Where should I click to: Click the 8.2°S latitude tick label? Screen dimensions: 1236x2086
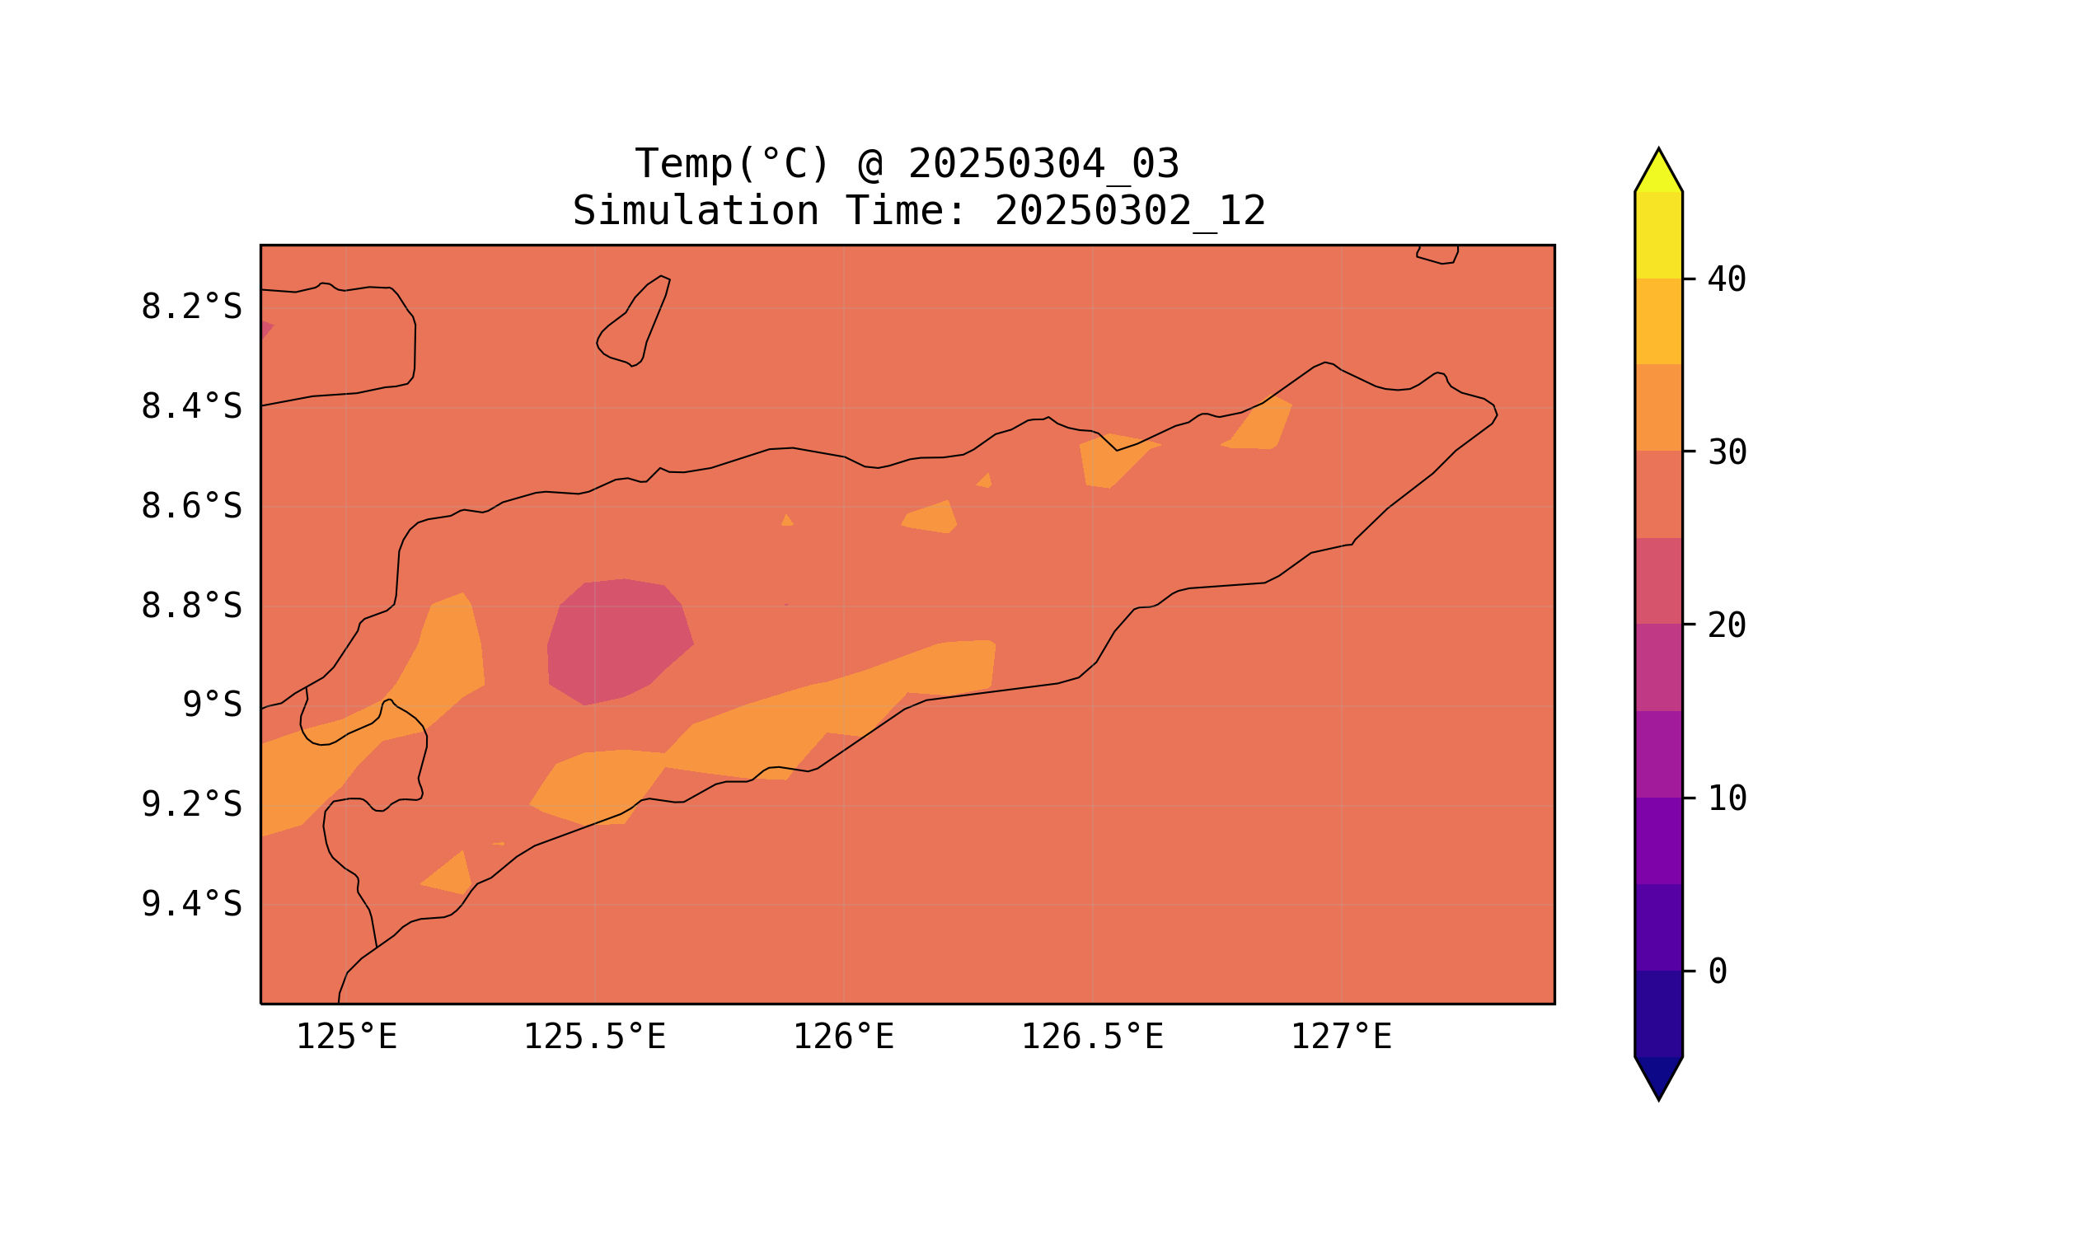click(190, 307)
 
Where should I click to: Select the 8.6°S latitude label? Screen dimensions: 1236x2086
click(190, 507)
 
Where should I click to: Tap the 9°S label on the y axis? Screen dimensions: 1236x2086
click(212, 705)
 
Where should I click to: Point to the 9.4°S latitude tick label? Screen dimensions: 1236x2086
click(190, 905)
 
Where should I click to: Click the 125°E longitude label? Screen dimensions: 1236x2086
click(346, 1037)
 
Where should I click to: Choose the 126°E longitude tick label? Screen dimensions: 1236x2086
click(843, 1037)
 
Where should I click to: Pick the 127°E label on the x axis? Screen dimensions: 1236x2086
click(1340, 1037)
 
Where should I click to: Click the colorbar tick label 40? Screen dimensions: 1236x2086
click(1726, 280)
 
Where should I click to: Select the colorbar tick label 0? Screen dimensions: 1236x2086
click(1717, 972)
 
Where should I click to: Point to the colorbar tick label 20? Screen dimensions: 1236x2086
click(1726, 625)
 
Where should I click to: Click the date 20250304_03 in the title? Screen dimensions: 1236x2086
click(1043, 164)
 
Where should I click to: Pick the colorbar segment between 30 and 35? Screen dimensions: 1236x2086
click(1657, 407)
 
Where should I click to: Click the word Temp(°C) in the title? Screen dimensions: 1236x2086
click(732, 164)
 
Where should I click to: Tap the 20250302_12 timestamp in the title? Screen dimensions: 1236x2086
click(1130, 212)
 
